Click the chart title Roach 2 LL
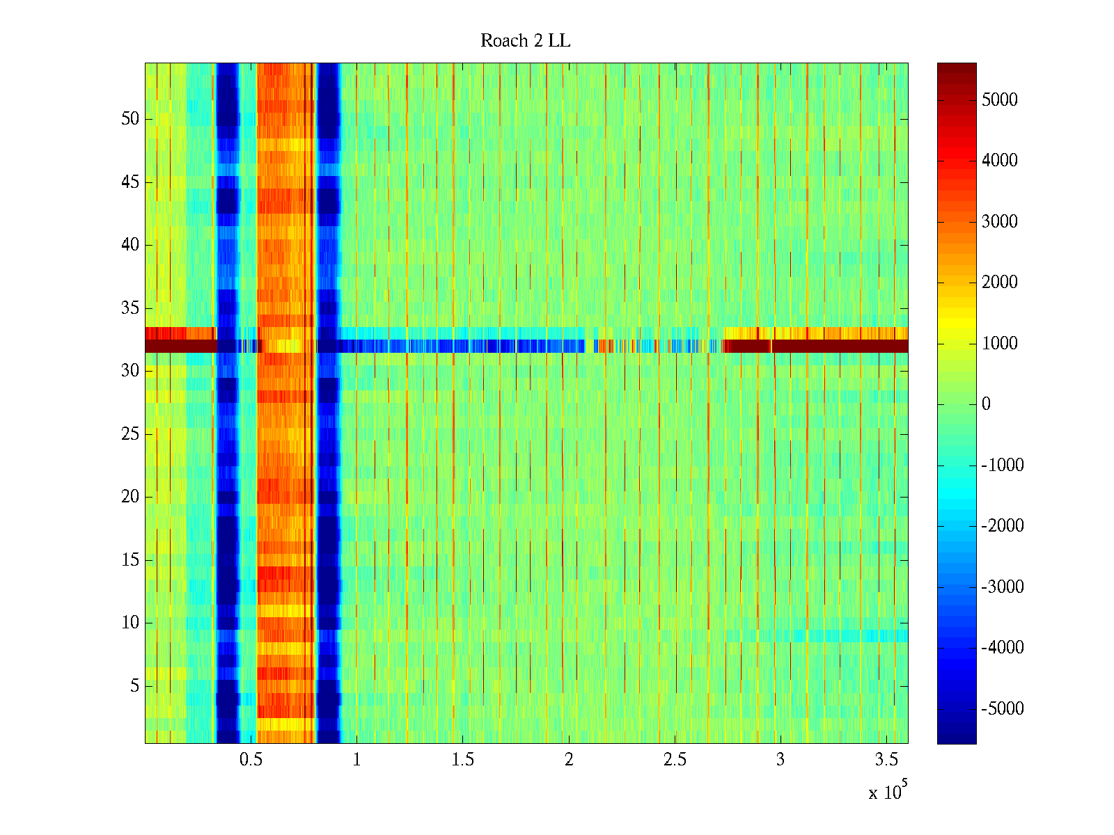click(525, 41)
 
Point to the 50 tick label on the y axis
click(130, 119)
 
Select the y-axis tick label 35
click(130, 308)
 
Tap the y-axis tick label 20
click(130, 497)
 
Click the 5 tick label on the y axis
click(134, 686)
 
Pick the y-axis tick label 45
click(130, 182)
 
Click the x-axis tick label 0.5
click(251, 759)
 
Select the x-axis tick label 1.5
click(462, 759)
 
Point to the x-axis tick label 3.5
click(886, 759)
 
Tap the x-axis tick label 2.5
click(674, 759)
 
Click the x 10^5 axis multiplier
click(887, 791)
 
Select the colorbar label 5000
click(999, 100)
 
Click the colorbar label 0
click(986, 404)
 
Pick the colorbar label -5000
click(1003, 709)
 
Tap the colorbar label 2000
click(999, 283)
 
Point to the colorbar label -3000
click(1003, 587)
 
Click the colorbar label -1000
click(1003, 466)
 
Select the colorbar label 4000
click(999, 161)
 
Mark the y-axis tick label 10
click(130, 623)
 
